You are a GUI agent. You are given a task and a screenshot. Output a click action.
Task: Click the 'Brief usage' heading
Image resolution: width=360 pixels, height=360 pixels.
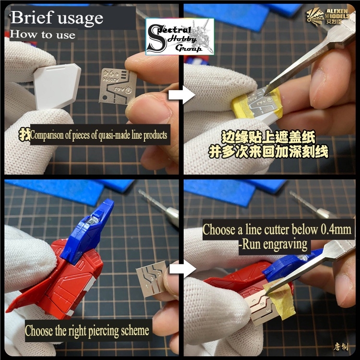[x=57, y=18]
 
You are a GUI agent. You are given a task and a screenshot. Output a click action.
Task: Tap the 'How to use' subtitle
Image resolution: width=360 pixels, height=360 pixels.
[x=43, y=35]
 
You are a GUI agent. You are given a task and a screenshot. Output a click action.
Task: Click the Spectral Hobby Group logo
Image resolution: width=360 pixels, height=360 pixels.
[x=180, y=36]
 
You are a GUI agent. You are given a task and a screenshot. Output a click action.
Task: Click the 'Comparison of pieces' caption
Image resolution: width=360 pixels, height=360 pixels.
[x=98, y=135]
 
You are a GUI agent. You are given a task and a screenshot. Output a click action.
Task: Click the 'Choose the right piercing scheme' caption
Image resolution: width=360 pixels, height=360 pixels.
[x=87, y=331]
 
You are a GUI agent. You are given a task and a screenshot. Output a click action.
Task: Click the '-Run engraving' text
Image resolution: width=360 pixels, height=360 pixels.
[x=273, y=244]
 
